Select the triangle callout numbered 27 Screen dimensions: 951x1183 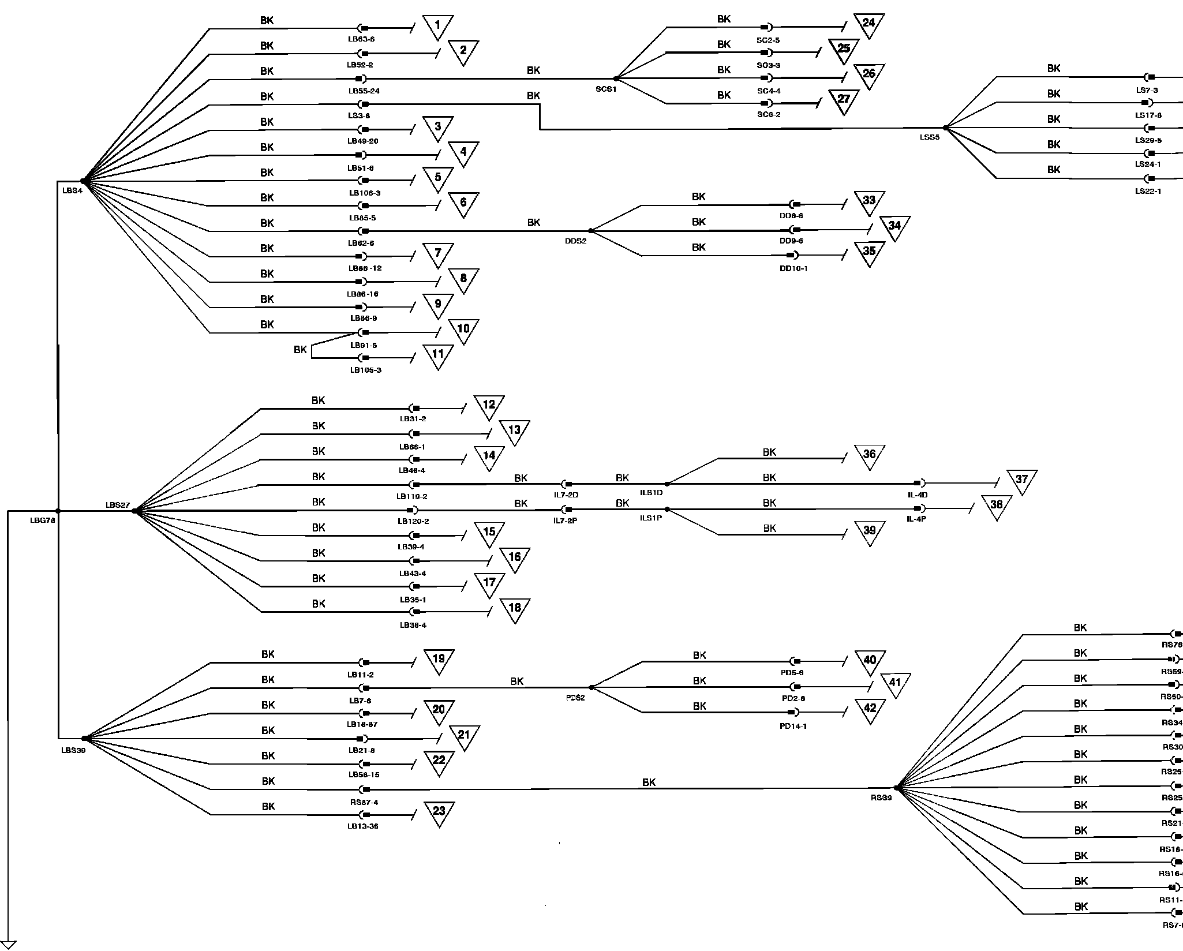(844, 99)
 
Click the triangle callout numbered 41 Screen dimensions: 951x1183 (895, 683)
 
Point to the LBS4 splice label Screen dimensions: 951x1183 (72, 191)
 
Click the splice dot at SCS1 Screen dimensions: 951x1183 (616, 78)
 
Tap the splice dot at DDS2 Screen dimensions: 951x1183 (590, 231)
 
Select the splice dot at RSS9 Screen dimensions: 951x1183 (896, 788)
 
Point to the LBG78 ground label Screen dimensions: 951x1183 (43, 521)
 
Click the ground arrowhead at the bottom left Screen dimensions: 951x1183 (8, 945)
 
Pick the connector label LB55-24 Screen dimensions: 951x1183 (364, 91)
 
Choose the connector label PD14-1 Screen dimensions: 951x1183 (793, 727)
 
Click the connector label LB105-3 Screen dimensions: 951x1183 (365, 370)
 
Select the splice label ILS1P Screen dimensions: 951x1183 (651, 518)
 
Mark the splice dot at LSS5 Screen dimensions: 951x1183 (945, 128)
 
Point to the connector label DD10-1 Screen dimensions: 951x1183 (793, 269)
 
